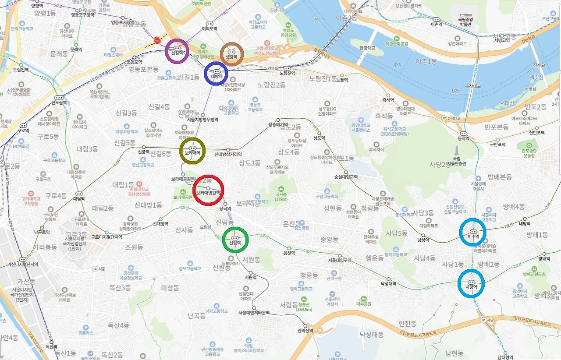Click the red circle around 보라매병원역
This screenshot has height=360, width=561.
pos(208,192)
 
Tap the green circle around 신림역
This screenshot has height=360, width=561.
pos(235,240)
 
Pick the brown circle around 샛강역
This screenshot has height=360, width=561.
pos(231,54)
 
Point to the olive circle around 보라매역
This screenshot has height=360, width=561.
pos(192,151)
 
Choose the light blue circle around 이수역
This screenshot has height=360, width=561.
pos(472,232)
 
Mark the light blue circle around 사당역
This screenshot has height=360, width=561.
pos(471,282)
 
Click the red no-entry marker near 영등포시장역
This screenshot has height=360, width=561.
pos(157,41)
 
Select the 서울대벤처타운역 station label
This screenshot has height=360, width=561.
pos(254,313)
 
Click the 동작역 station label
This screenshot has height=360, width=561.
pos(464,138)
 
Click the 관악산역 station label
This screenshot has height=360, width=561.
pos(305,330)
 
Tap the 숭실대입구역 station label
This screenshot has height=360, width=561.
pos(346,177)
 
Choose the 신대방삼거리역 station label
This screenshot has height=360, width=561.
pos(228,154)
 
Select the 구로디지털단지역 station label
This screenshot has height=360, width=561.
pos(107,237)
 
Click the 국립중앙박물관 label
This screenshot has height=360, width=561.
pos(464,22)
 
